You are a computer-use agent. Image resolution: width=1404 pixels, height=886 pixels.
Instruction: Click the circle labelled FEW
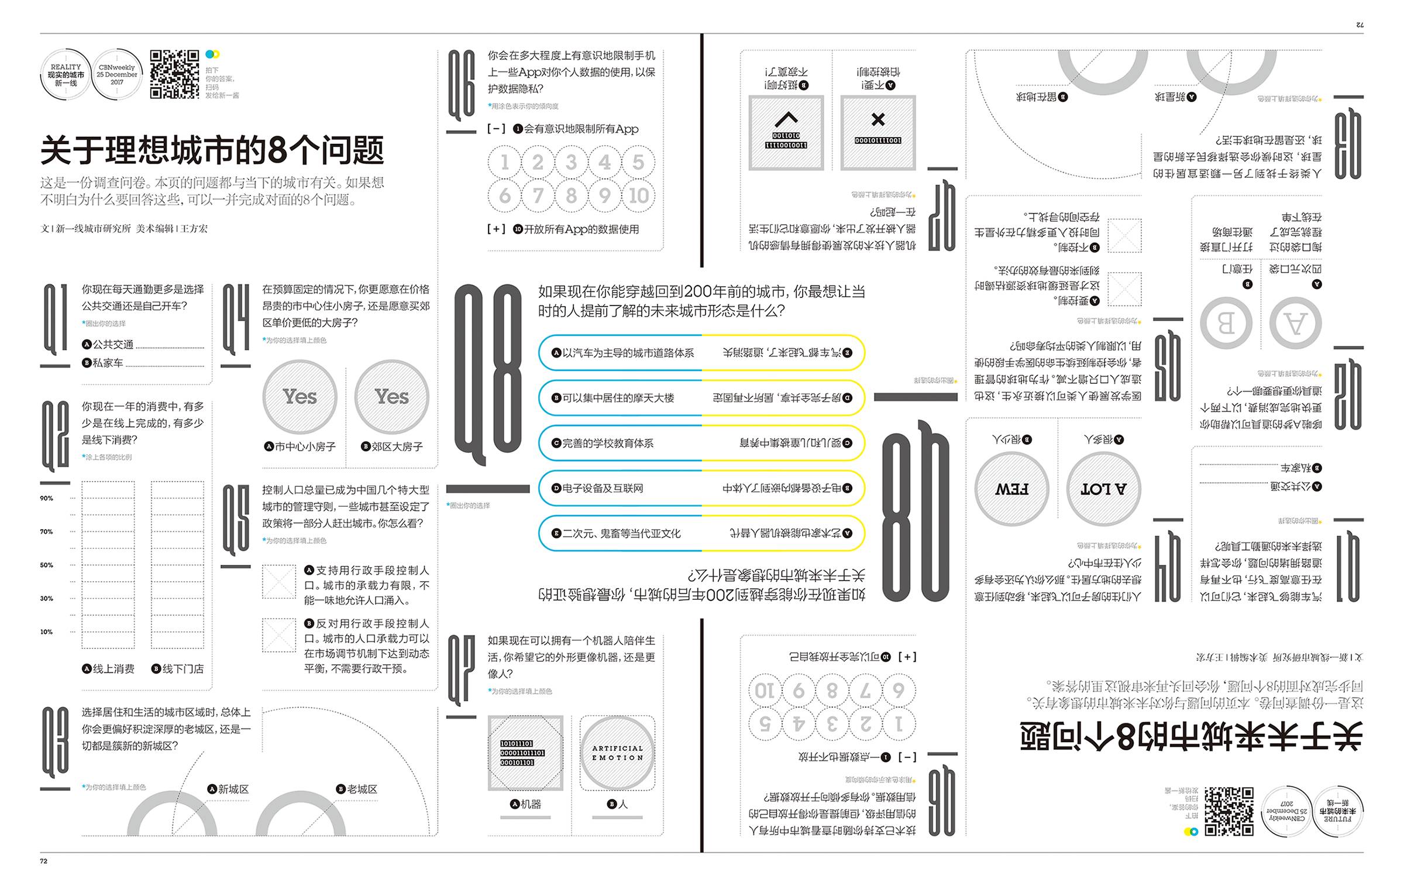[1012, 489]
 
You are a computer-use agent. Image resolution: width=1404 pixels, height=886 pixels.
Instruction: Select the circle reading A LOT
[1104, 489]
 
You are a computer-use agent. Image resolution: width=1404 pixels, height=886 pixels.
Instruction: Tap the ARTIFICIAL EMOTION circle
[617, 753]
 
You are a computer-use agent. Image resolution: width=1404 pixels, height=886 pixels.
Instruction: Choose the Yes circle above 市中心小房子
[300, 397]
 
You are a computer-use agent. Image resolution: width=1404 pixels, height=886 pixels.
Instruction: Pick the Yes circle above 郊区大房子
[391, 397]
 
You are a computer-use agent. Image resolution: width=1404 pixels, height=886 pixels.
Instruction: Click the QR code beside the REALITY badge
[174, 74]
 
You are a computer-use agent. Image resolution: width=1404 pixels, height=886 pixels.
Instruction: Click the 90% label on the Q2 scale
[46, 498]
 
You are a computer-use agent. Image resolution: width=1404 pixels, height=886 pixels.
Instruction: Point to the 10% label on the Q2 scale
[46, 631]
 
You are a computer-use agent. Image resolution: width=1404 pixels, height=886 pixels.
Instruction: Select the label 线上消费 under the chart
[109, 668]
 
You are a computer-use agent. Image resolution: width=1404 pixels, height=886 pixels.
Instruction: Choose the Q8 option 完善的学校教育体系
[603, 443]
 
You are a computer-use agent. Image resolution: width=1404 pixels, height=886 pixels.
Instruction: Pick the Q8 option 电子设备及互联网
[598, 488]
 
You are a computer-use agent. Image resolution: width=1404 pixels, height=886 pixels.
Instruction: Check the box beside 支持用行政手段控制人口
[279, 582]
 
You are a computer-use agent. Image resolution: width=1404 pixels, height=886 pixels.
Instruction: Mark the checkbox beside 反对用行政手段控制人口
[279, 635]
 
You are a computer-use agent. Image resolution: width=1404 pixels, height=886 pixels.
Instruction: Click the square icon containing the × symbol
[878, 133]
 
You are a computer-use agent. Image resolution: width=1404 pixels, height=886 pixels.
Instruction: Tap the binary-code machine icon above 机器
[525, 753]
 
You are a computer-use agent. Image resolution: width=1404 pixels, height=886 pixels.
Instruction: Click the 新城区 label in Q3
[229, 789]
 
